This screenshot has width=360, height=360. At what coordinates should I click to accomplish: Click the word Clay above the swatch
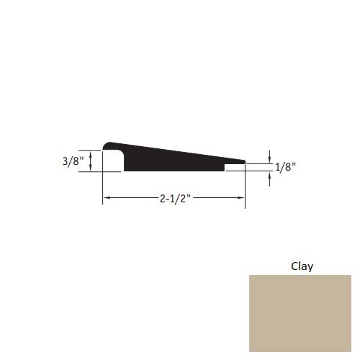302,266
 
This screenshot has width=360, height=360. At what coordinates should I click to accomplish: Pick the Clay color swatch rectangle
300,313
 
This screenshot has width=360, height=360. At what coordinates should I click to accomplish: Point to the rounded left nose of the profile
107,145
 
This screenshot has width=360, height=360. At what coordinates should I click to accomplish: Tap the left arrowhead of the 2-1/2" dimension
106,197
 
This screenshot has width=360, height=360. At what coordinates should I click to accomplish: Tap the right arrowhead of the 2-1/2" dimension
242,197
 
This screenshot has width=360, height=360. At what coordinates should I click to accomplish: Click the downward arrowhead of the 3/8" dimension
91,168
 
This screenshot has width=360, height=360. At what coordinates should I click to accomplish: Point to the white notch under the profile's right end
235,168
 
